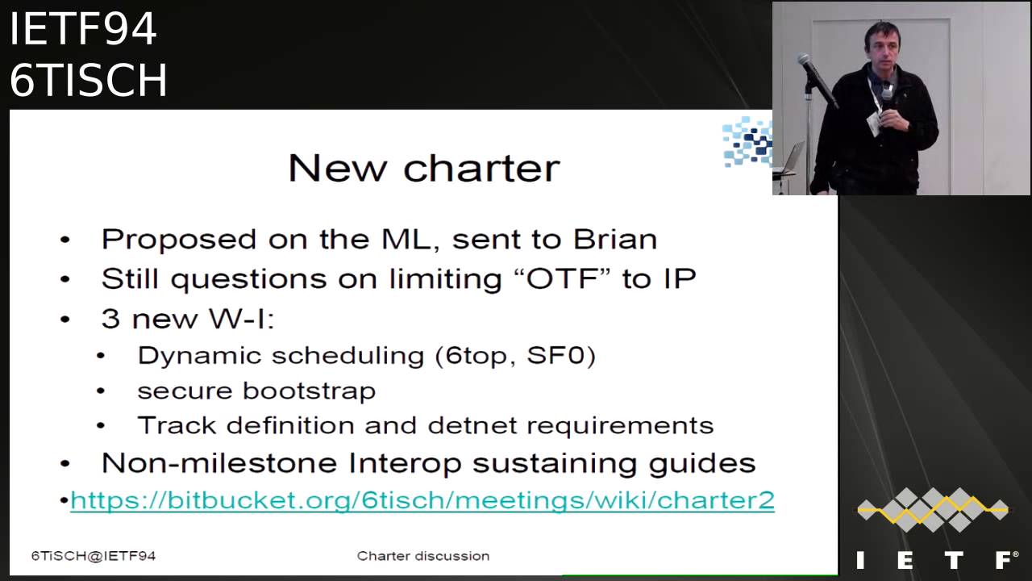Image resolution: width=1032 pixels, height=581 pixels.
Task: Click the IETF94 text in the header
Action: click(x=83, y=28)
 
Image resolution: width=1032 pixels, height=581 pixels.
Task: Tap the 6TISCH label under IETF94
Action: click(x=88, y=80)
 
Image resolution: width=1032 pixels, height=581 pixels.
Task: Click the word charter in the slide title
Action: click(x=481, y=169)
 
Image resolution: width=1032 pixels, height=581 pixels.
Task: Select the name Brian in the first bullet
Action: click(x=615, y=240)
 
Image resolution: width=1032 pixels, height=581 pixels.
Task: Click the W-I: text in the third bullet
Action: click(x=241, y=318)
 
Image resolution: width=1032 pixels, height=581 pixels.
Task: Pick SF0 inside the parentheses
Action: click(x=556, y=356)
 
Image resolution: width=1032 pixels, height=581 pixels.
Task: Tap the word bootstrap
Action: click(x=309, y=391)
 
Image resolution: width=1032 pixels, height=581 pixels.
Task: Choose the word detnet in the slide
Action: click(x=472, y=425)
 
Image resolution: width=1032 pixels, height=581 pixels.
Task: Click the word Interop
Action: click(x=405, y=463)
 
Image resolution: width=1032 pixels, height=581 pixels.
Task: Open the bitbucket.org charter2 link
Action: click(x=422, y=500)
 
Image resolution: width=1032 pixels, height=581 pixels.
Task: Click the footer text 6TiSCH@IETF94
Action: click(x=94, y=556)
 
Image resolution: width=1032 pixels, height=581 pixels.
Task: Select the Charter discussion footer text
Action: click(x=423, y=556)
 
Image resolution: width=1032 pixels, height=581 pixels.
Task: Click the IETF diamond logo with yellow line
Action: click(x=933, y=509)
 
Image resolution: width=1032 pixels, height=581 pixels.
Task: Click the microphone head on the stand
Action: click(x=805, y=60)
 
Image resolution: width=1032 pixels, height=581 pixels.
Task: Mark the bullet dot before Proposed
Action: click(x=65, y=240)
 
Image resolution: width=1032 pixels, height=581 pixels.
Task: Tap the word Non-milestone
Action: click(x=219, y=463)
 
